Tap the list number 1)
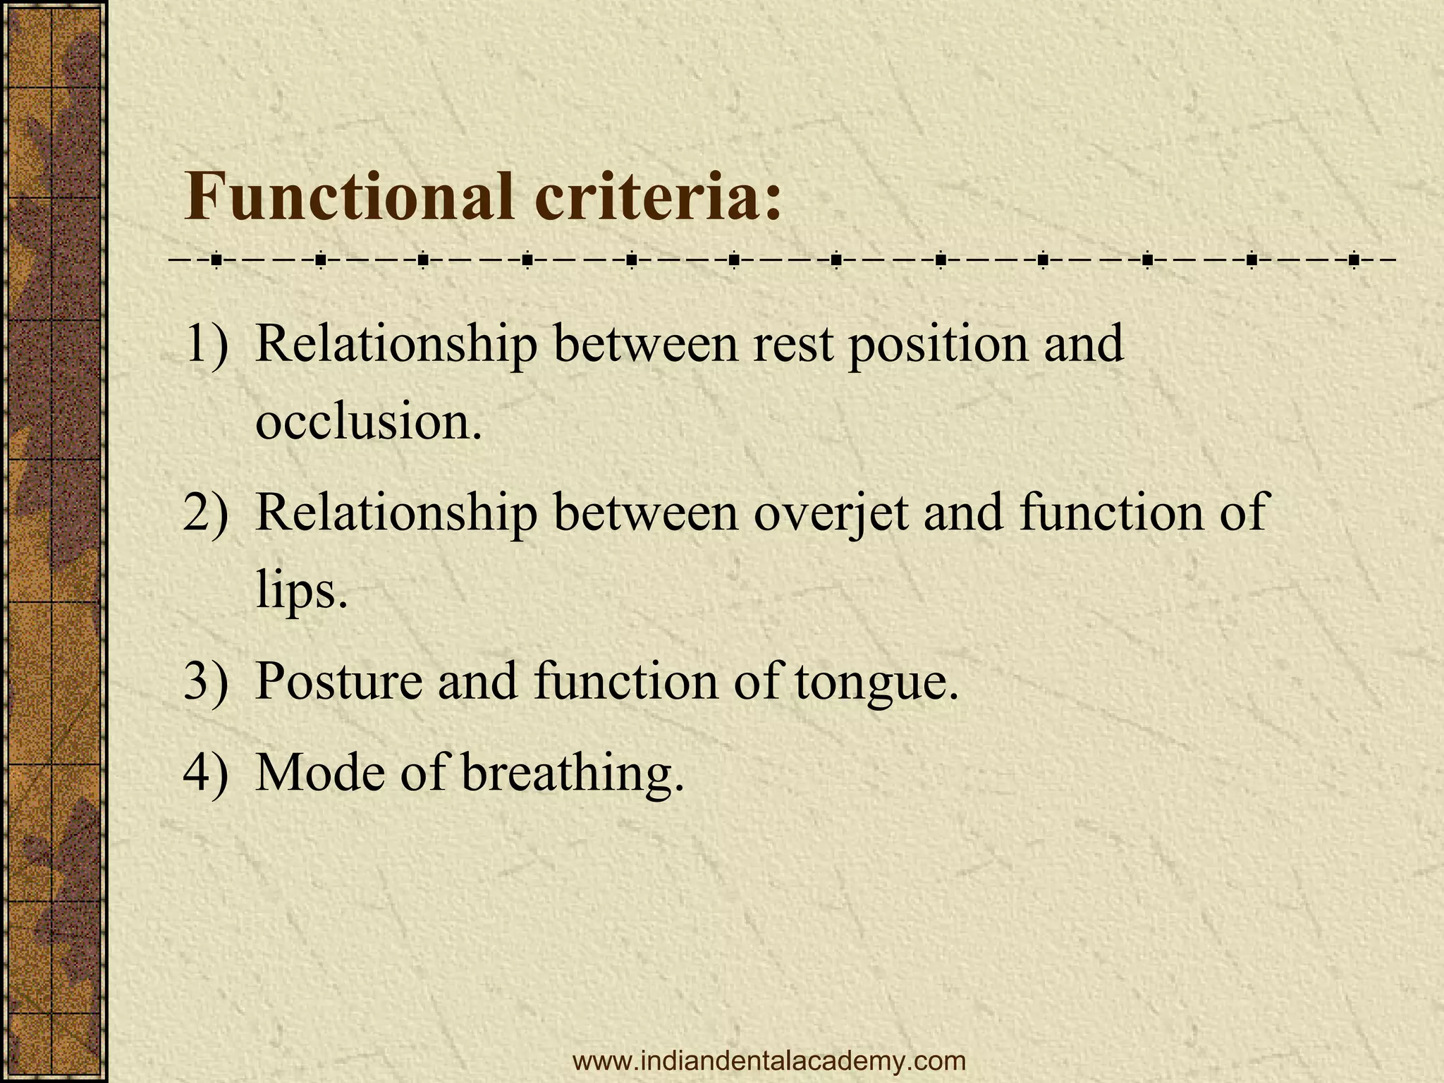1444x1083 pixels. pos(206,344)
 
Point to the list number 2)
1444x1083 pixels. pos(206,513)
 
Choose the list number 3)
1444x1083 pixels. pos(206,681)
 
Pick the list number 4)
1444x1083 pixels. pos(206,772)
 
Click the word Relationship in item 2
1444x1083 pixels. pos(396,513)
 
